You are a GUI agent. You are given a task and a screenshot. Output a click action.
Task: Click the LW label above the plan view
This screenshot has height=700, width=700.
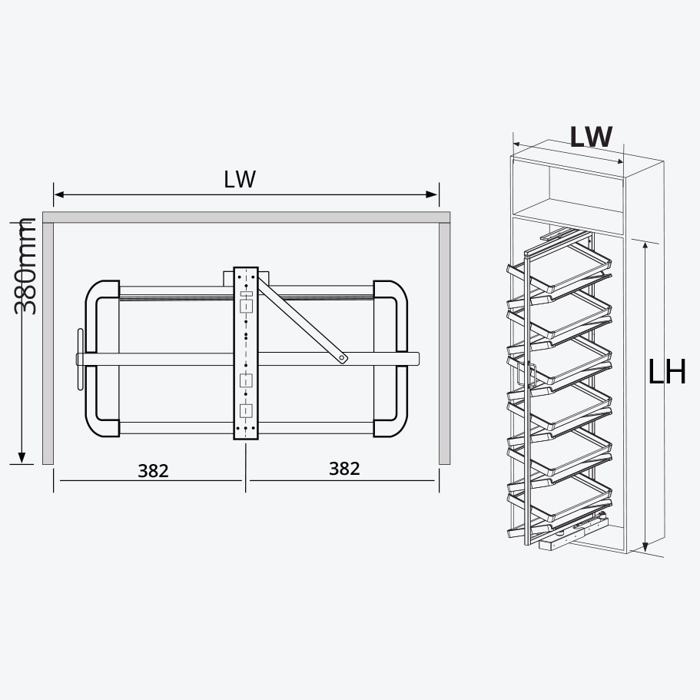pyautogui.click(x=240, y=179)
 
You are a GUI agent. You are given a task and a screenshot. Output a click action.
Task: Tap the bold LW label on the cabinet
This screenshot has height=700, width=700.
pyautogui.click(x=591, y=137)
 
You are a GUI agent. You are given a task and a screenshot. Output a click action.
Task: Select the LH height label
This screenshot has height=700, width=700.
pyautogui.click(x=666, y=373)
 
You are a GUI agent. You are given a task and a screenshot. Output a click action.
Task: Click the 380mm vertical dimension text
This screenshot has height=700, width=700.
pyautogui.click(x=26, y=266)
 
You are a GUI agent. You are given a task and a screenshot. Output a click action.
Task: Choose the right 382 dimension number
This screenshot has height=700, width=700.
pyautogui.click(x=343, y=468)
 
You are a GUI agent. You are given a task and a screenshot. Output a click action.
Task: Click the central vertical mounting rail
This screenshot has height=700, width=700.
pyautogui.click(x=246, y=353)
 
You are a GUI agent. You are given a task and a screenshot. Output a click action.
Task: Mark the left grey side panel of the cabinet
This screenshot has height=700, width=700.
pyautogui.click(x=48, y=342)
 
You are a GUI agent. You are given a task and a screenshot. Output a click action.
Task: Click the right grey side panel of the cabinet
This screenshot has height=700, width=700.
pyautogui.click(x=444, y=342)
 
